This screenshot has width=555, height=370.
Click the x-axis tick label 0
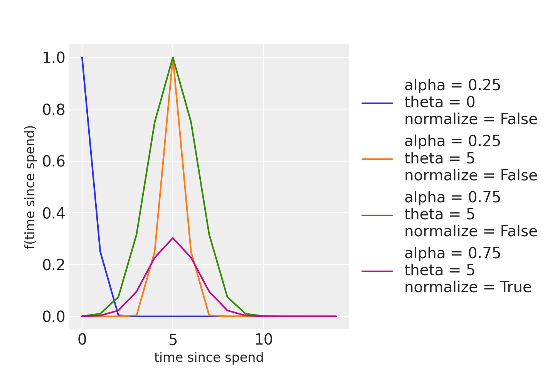tap(82, 340)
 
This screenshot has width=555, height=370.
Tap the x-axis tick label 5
tap(173, 340)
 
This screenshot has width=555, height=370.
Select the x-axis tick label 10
tap(264, 340)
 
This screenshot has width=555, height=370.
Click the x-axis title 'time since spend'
tap(209, 358)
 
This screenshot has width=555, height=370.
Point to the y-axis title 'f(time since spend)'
tap(30, 187)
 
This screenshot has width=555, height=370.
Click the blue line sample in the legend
tap(377, 103)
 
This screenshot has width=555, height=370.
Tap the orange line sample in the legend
tap(377, 159)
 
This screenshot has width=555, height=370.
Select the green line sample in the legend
tap(377, 215)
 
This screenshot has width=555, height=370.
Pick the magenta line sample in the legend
tap(377, 271)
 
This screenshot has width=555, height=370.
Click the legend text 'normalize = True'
tap(468, 288)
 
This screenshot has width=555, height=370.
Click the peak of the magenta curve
tap(173, 238)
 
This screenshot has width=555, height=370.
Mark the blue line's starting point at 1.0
tap(82, 57)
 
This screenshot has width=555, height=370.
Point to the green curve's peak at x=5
tap(173, 57)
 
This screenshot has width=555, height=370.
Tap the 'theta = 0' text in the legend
tap(440, 103)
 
